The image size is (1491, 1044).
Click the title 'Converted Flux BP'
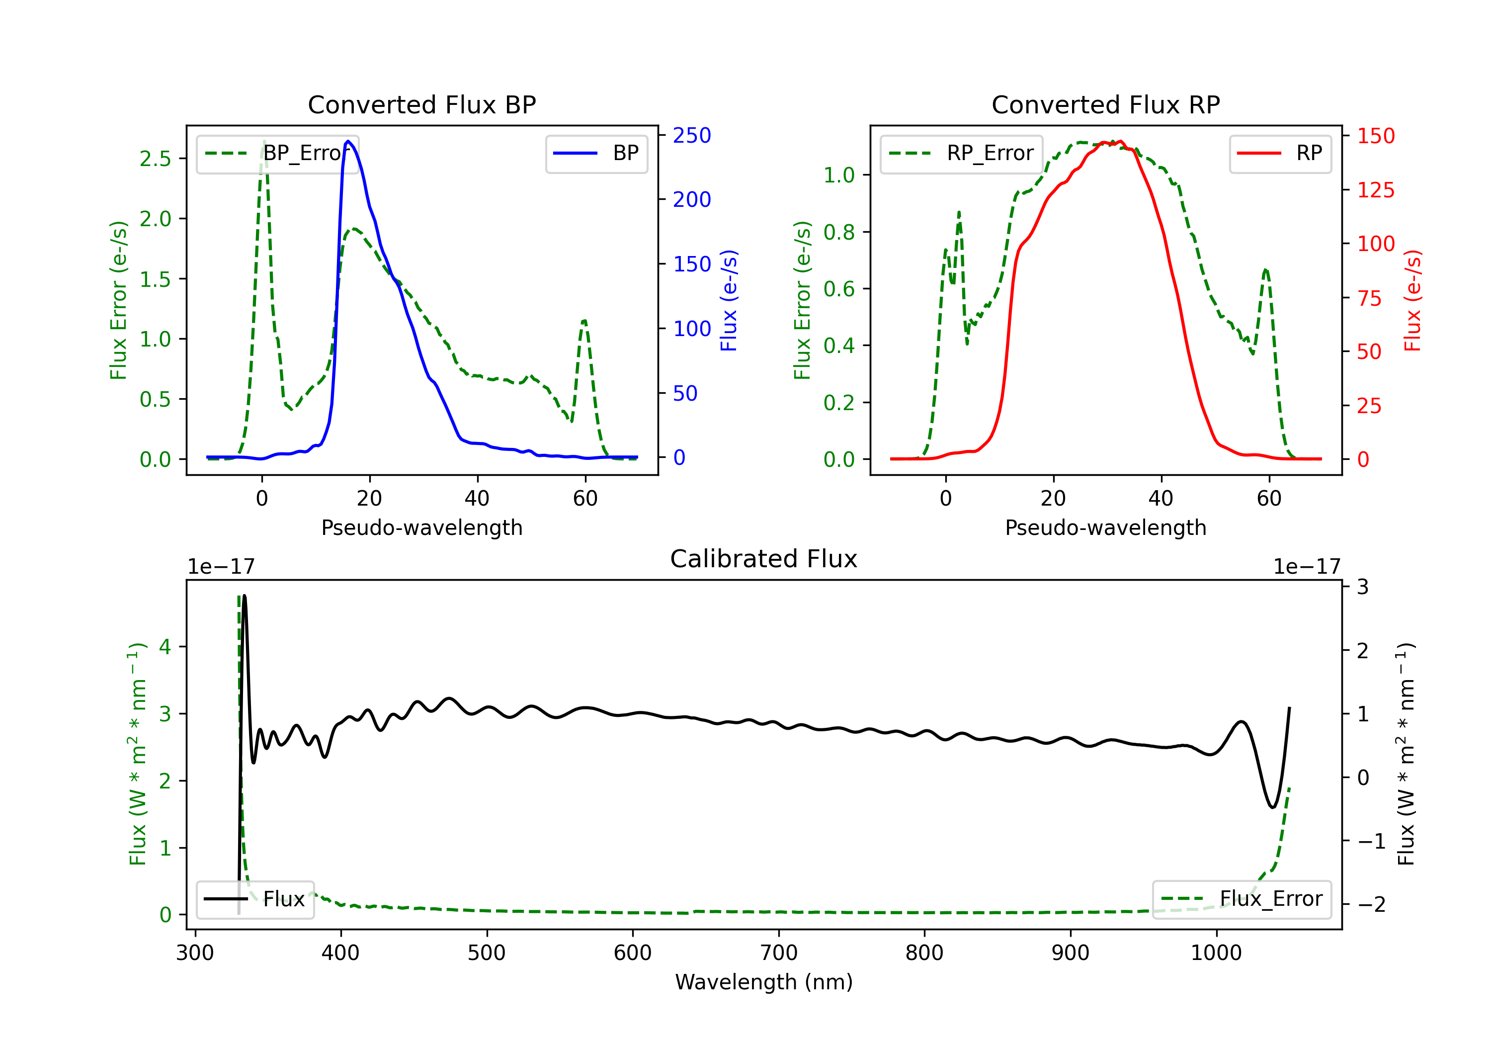point(421,104)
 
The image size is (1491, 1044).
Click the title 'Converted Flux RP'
point(1105,104)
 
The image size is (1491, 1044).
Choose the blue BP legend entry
point(596,153)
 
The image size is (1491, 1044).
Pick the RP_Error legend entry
point(961,153)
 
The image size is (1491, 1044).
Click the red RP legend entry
point(1280,153)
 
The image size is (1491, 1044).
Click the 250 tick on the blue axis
point(692,135)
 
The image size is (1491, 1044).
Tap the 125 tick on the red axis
point(1375,190)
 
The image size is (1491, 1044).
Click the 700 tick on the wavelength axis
point(778,953)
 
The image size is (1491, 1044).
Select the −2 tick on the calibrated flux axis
point(1371,904)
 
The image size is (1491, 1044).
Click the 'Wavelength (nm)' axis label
point(764,982)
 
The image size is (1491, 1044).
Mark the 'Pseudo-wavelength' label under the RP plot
point(1105,527)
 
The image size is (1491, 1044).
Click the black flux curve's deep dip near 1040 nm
point(1272,807)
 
